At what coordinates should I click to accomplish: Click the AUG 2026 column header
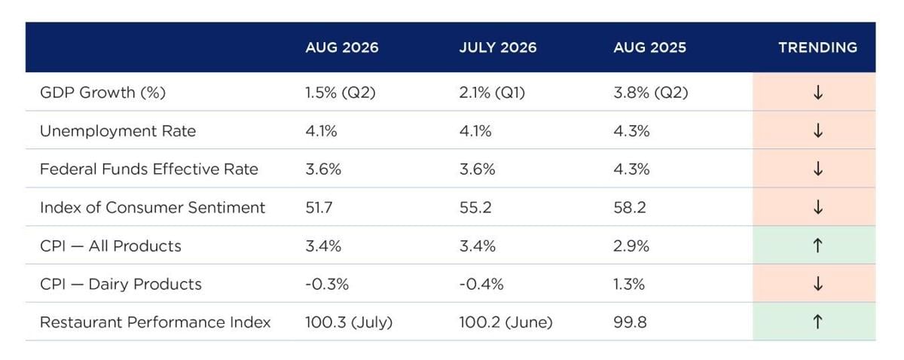point(342,47)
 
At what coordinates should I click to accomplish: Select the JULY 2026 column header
point(498,47)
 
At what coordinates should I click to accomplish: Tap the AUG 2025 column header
point(649,47)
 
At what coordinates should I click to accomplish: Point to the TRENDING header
point(817,47)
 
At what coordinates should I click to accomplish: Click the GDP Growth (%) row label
point(103,93)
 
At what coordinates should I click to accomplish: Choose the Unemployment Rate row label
point(118,131)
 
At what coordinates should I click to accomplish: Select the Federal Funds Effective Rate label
point(149,169)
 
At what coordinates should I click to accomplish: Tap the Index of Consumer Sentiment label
point(152,207)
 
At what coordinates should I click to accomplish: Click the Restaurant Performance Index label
point(155,322)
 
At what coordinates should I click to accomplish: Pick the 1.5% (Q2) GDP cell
point(341,93)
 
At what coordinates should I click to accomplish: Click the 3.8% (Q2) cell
point(651,93)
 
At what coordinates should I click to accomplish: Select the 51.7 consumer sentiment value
point(319,207)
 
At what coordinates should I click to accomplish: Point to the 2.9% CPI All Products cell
point(631,246)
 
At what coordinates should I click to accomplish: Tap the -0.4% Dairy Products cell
point(481,284)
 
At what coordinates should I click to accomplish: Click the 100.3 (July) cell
point(349,322)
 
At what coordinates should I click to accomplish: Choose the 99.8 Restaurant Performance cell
point(630,322)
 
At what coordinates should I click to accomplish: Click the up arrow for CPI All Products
point(817,246)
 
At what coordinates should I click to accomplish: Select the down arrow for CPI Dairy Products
point(818,284)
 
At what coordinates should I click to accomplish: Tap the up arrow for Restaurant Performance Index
point(817,322)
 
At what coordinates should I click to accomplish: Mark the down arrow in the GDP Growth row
point(818,93)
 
